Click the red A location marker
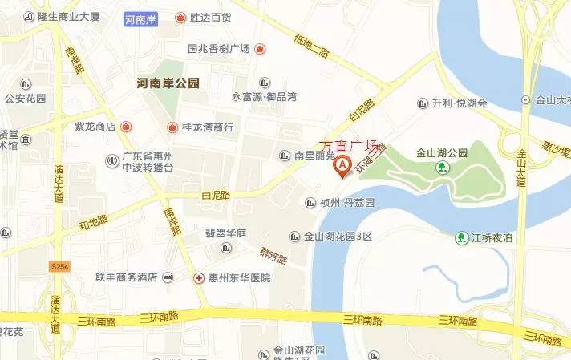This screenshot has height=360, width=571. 342,166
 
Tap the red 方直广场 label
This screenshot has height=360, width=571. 348,145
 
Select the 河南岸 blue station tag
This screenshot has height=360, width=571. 142,18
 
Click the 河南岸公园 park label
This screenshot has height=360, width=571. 168,83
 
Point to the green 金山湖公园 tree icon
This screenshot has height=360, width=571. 441,167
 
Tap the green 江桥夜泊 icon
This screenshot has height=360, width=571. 462,237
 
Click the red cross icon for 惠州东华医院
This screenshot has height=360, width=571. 199,278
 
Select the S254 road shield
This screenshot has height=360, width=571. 58,265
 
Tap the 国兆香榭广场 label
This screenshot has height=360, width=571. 219,49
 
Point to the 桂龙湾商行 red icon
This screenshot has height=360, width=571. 172,127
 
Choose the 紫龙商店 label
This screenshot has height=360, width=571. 95,127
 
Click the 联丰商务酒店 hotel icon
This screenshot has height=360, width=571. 167,278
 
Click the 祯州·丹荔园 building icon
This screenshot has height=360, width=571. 311,203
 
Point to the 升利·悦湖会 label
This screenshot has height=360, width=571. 460,103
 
